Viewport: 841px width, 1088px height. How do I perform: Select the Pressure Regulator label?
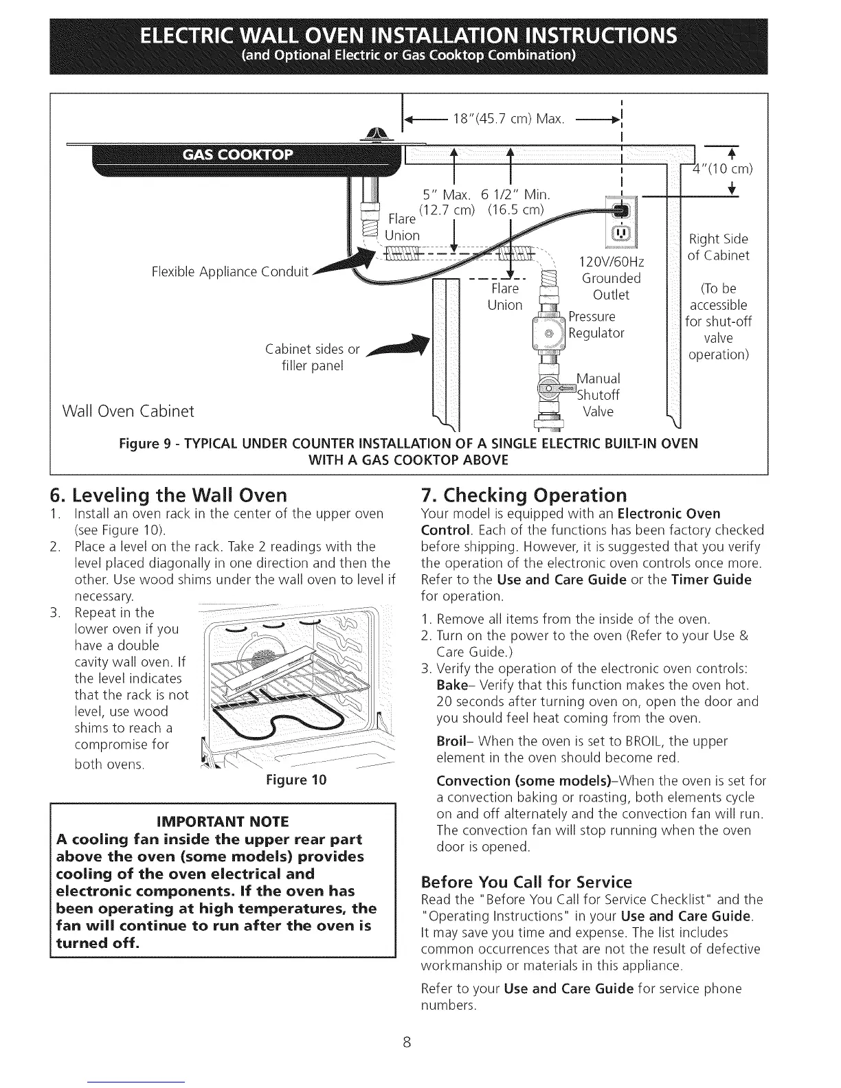596,325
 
